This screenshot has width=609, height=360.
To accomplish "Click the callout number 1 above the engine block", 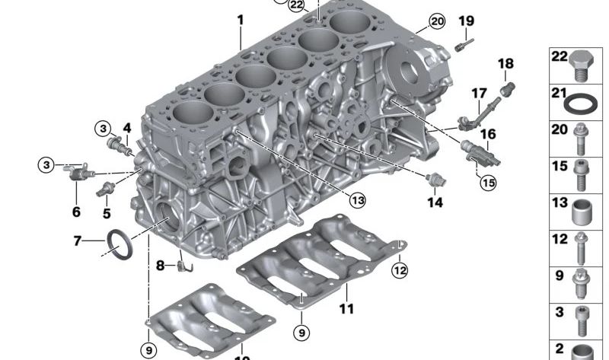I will tap(240, 20).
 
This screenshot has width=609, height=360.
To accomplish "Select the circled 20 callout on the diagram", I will tap(435, 21).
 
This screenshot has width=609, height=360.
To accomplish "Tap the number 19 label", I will tap(466, 21).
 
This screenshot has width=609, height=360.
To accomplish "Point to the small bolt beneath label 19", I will tap(460, 47).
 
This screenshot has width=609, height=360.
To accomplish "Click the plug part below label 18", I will tap(503, 93).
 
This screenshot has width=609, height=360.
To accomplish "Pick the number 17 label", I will tap(479, 94).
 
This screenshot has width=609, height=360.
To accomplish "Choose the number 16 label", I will tap(487, 134).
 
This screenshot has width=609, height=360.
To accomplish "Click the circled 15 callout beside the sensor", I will tap(487, 182).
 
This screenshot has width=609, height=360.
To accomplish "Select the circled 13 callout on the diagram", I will tap(357, 200).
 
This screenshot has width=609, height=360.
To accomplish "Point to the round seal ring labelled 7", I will tap(119, 243).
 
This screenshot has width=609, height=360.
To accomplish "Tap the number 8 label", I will tap(161, 266).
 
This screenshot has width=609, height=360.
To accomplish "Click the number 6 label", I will tap(76, 212).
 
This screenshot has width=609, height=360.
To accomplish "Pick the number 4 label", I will tap(127, 128).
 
